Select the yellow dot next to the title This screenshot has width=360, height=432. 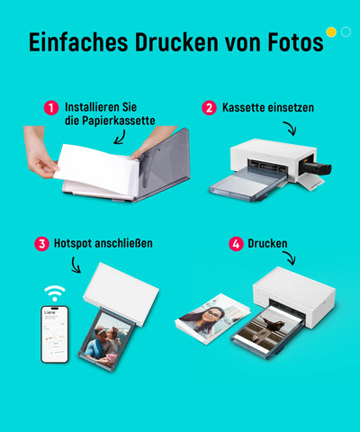331,32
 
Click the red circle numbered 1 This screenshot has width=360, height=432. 51,108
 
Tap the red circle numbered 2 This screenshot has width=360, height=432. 209,108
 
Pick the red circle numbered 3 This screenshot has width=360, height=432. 41,244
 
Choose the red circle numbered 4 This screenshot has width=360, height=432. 236,244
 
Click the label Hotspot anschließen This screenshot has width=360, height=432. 103,244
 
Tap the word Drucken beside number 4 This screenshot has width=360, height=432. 269,244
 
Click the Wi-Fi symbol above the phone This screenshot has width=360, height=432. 56,293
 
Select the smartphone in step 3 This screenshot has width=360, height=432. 56,336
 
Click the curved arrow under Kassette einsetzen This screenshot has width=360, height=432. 289,129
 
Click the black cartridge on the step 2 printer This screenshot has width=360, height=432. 316,167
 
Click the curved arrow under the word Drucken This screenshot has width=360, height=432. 288,259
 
